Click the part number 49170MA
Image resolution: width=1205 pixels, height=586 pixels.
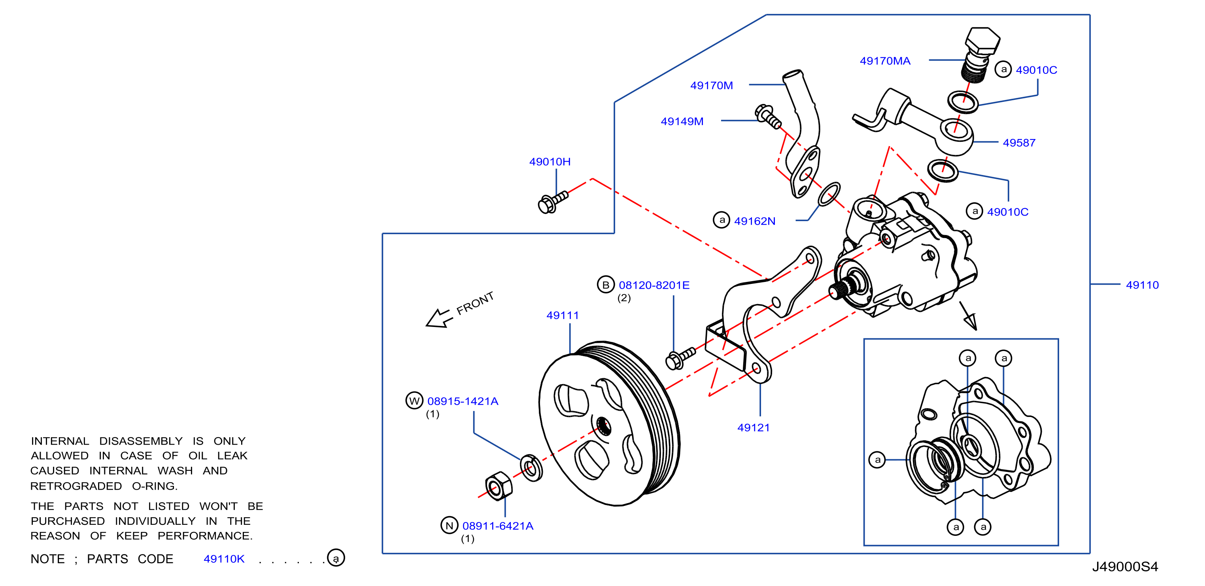(x=885, y=61)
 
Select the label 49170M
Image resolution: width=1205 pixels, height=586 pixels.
(x=712, y=86)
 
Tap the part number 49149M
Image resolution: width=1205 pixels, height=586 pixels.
(x=682, y=122)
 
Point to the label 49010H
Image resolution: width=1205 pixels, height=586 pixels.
(x=550, y=162)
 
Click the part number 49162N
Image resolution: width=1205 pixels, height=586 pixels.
(x=755, y=221)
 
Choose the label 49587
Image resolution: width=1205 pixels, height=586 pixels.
(x=1019, y=143)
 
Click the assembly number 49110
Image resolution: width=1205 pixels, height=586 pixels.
(x=1142, y=285)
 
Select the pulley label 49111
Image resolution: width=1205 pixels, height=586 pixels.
(x=563, y=316)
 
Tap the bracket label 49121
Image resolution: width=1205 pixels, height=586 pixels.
(x=753, y=428)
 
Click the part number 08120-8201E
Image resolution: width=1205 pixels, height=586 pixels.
(x=654, y=285)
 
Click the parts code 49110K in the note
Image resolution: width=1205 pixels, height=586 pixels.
(x=224, y=558)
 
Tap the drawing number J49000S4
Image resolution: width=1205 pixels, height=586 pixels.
(x=1125, y=566)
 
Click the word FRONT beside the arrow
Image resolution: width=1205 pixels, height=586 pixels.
(x=475, y=303)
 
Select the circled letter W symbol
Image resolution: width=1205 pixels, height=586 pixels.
(x=414, y=400)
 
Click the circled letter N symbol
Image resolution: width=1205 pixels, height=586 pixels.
(x=449, y=525)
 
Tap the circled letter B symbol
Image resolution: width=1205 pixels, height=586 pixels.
(x=606, y=285)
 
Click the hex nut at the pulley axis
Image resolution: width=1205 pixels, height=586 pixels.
(x=498, y=486)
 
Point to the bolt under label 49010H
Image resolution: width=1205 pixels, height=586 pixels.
(x=553, y=202)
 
